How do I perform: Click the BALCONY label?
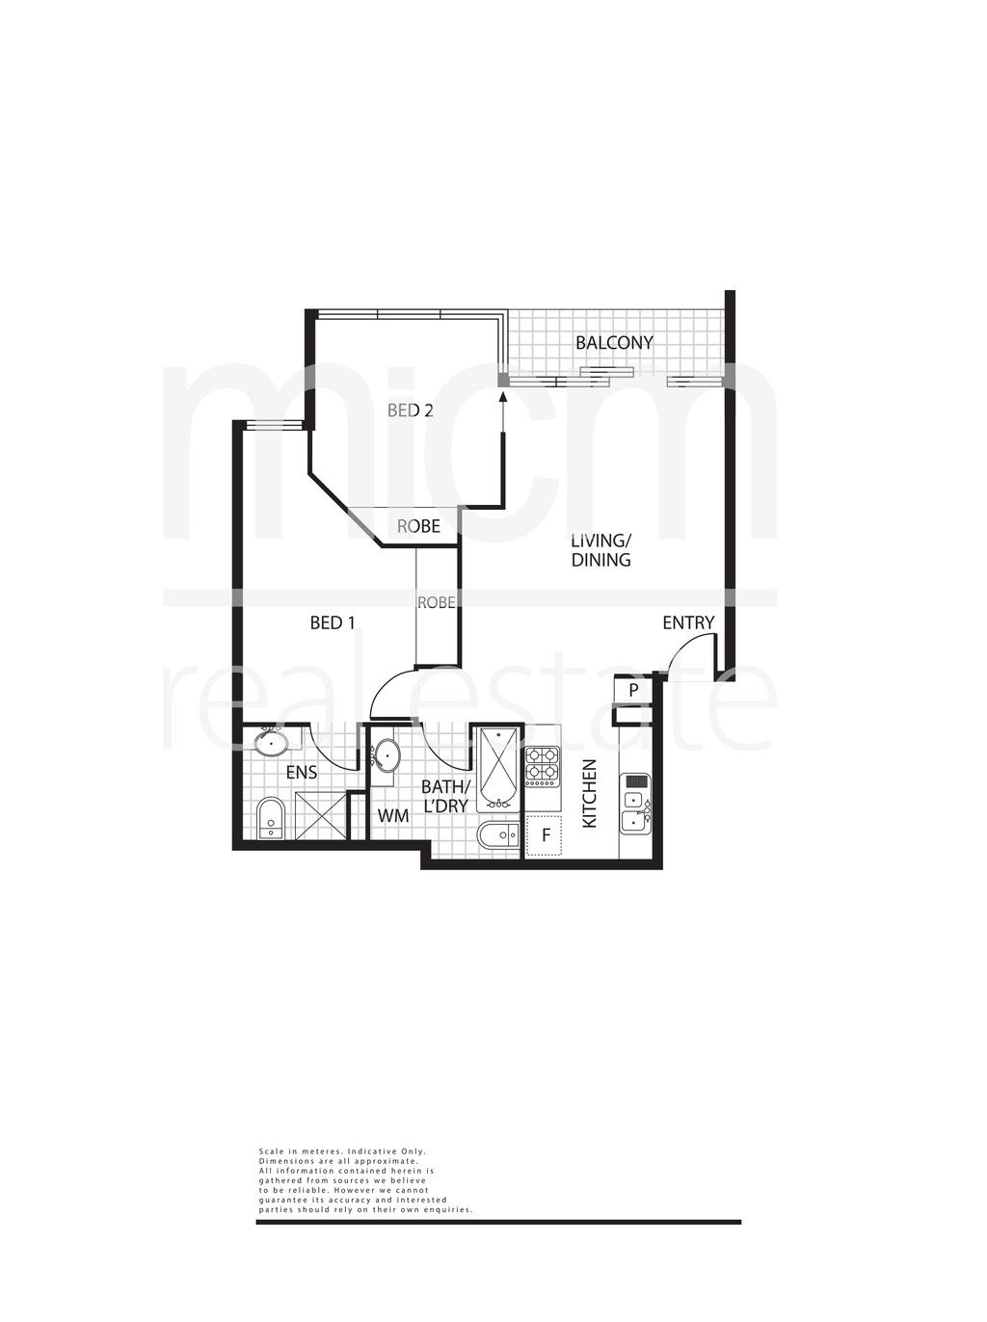click(x=614, y=343)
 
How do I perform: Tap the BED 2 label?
click(x=410, y=410)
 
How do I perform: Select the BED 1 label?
click(x=332, y=622)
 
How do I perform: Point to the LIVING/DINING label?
click(x=601, y=549)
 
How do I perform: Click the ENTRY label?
click(x=688, y=622)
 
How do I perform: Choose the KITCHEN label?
click(x=590, y=793)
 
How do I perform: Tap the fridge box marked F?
click(x=545, y=834)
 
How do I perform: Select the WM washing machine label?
click(x=392, y=816)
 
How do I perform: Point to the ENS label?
click(x=302, y=773)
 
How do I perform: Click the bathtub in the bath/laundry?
click(x=497, y=769)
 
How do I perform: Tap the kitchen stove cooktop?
click(x=543, y=767)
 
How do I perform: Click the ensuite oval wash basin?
click(x=271, y=744)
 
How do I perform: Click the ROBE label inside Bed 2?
click(x=418, y=526)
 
